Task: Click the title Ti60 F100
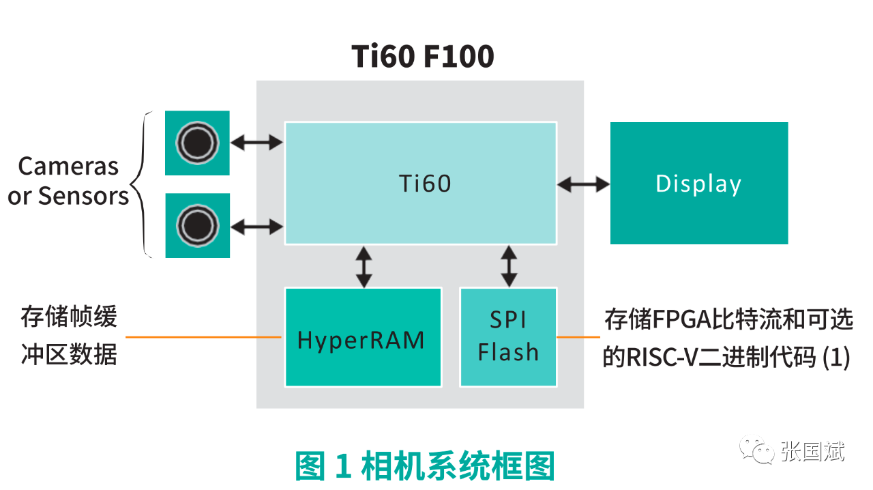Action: point(423,57)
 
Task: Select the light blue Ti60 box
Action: point(420,183)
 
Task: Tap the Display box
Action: point(698,183)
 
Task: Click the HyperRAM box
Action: point(363,337)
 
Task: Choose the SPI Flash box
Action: point(508,337)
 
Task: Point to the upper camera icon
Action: point(197,143)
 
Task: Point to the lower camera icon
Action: point(197,225)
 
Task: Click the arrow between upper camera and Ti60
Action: point(257,143)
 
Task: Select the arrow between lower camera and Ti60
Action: point(257,226)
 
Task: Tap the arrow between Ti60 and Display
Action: point(583,184)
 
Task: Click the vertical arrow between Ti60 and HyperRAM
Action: point(364,266)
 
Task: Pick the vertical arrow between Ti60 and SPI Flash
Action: point(509,266)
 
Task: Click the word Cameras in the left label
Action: point(68,167)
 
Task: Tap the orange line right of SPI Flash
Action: point(578,337)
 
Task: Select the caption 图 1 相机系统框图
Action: point(424,467)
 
